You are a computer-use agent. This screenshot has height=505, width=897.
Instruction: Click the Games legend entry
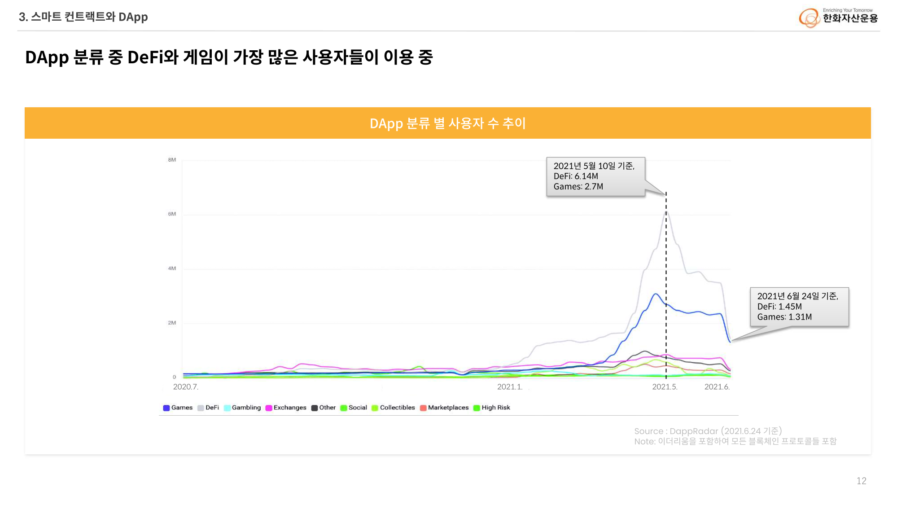tap(178, 408)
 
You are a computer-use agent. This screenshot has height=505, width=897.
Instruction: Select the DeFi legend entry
tap(208, 408)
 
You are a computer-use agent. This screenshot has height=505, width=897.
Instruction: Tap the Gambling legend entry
tap(242, 408)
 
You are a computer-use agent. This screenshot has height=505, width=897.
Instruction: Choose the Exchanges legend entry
tap(286, 408)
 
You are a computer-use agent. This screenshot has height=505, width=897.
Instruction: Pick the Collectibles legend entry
tap(393, 408)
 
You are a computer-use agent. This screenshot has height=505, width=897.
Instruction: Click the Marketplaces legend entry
tap(444, 408)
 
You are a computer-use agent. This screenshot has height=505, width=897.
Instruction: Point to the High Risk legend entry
tap(492, 408)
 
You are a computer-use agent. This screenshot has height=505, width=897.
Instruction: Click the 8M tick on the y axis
tap(172, 160)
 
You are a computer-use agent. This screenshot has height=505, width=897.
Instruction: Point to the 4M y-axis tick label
tap(172, 268)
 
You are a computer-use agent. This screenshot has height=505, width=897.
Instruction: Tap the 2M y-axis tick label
tap(172, 323)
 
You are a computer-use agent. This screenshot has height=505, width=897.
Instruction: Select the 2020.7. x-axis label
tap(185, 387)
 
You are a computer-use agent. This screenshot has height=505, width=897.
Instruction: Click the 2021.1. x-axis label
tap(510, 387)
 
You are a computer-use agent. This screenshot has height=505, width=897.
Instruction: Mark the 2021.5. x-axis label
tap(665, 387)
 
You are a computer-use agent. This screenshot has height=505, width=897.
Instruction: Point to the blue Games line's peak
tap(656, 294)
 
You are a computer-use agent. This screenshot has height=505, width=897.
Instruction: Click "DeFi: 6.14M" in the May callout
tap(576, 176)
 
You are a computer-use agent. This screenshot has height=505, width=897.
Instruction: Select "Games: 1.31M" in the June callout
tap(784, 317)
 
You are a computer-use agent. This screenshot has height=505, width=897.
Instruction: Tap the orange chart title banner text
tap(447, 123)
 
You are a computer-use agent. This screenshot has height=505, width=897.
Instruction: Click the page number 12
tap(861, 481)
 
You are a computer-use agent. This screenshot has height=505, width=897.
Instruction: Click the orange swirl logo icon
tap(809, 18)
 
